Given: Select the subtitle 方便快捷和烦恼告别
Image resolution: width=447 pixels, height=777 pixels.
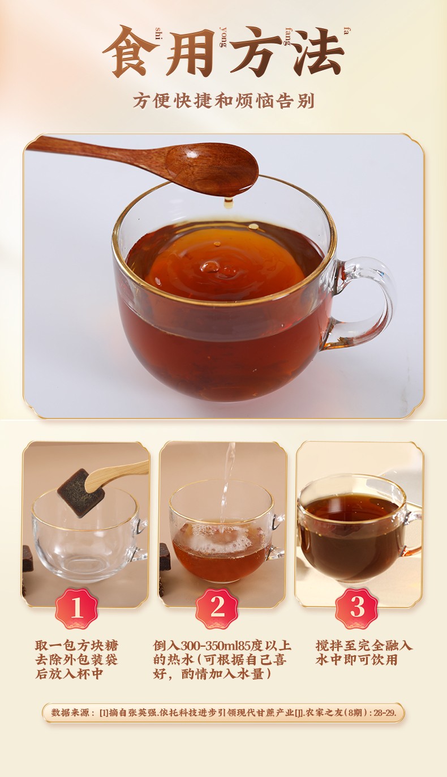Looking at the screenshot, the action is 223,101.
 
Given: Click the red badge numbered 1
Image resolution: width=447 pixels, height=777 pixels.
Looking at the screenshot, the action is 76,609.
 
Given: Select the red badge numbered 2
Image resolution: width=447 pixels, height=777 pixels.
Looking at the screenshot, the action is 217,609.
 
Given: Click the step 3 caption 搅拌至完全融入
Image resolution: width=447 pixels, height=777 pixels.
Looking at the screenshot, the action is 364,646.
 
